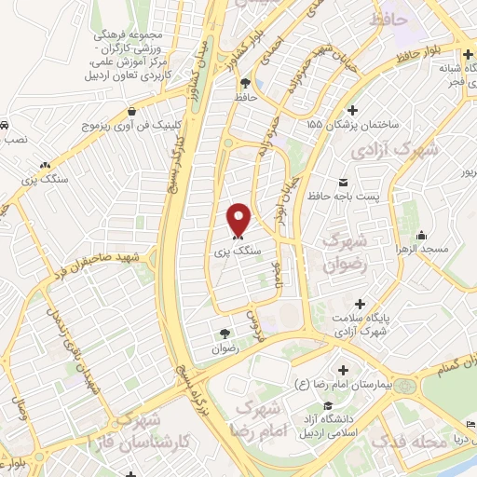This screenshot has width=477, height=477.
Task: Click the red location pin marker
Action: pos(239,218)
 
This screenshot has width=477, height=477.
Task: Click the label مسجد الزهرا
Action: pos(447,250)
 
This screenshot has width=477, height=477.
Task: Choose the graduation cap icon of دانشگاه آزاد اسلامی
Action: pos(328,404)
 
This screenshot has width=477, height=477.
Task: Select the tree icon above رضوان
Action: pos(224,334)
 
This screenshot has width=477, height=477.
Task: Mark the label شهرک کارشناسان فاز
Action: pos(129,434)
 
